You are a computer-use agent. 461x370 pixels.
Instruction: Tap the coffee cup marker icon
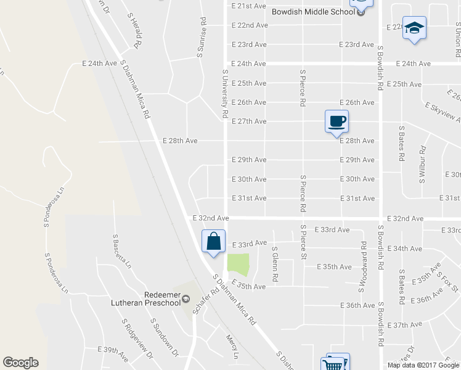click(337, 121)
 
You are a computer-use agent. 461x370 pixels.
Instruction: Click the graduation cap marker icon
click(415, 28)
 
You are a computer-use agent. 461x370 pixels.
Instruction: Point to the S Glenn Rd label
click(275, 265)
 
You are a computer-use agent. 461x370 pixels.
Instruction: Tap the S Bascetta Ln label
click(121, 251)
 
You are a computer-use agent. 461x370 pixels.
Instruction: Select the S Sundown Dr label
click(164, 337)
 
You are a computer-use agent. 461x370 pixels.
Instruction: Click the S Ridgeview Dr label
click(137, 339)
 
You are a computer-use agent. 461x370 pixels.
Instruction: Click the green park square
click(239, 265)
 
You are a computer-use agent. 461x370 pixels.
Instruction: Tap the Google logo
click(20, 363)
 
